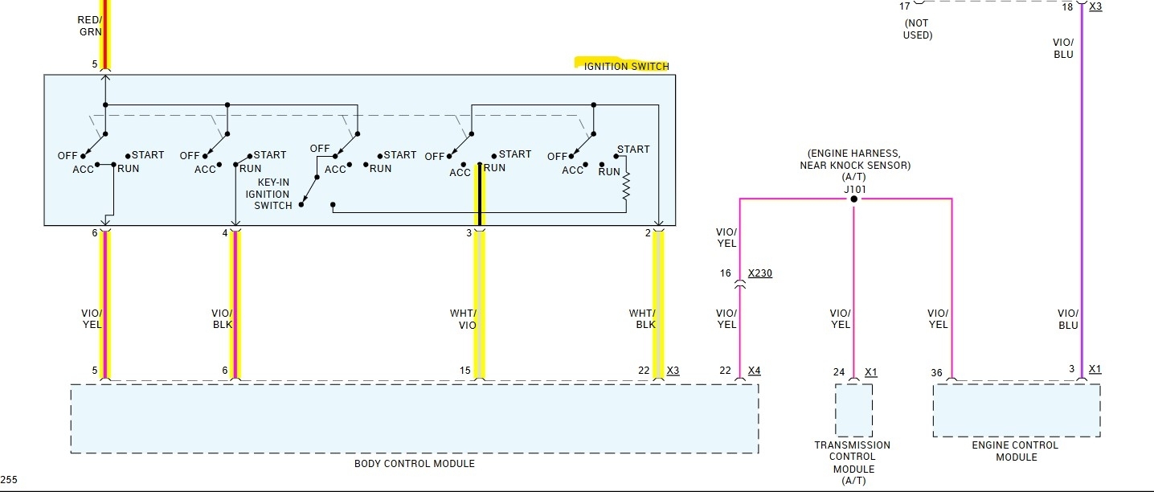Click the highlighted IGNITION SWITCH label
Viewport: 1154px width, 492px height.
coord(625,66)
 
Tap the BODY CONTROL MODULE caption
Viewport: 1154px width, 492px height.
coord(414,464)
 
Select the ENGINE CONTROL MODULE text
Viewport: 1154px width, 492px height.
coord(1016,451)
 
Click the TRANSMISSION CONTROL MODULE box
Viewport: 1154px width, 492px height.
coord(853,409)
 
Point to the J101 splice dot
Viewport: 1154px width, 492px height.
coord(853,199)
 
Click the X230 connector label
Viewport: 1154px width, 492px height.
coord(759,273)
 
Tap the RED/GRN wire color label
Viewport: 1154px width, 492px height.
coord(89,26)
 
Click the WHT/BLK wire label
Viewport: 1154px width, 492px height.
coord(642,319)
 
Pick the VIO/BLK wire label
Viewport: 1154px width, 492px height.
coord(222,319)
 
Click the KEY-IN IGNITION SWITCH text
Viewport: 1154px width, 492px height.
coord(272,194)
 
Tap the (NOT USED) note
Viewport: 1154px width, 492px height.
coord(917,29)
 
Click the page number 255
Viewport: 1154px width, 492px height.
coord(9,480)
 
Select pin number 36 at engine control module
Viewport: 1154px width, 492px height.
coord(936,372)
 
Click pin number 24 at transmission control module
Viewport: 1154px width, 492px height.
coord(839,372)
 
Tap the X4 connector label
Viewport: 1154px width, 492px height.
coord(754,371)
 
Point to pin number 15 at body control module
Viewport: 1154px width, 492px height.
coord(465,371)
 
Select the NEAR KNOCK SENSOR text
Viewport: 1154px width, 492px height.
coord(854,165)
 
